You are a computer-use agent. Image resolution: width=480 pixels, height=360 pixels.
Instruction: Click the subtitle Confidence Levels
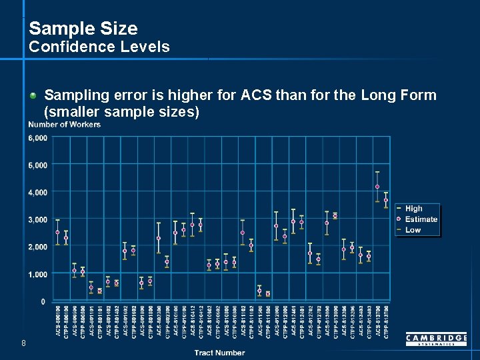click(x=99, y=47)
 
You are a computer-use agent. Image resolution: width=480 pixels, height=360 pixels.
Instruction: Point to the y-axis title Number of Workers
click(x=65, y=125)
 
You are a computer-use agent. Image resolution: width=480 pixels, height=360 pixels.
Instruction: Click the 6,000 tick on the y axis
click(x=37, y=138)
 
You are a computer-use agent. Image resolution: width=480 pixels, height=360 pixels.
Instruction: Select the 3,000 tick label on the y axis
click(x=37, y=219)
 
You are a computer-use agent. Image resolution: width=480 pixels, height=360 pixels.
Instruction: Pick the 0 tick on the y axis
click(x=43, y=301)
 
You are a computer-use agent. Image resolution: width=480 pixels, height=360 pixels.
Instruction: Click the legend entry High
click(x=413, y=209)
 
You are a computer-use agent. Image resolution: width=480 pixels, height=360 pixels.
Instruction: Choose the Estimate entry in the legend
click(x=421, y=219)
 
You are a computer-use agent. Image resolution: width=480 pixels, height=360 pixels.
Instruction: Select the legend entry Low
click(x=413, y=230)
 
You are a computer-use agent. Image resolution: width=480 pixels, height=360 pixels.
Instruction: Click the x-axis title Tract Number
click(x=219, y=353)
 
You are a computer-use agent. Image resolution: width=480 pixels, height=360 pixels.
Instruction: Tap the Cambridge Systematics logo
click(x=436, y=340)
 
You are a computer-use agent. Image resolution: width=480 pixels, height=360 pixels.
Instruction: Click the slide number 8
click(x=23, y=343)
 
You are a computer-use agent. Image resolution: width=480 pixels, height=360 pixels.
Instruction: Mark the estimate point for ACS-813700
click(x=377, y=187)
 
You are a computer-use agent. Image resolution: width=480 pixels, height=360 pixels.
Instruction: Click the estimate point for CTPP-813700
click(x=385, y=200)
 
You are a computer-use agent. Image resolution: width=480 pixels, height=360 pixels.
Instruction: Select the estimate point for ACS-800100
click(x=57, y=233)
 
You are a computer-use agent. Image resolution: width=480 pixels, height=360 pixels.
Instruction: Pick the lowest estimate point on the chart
click(x=267, y=293)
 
